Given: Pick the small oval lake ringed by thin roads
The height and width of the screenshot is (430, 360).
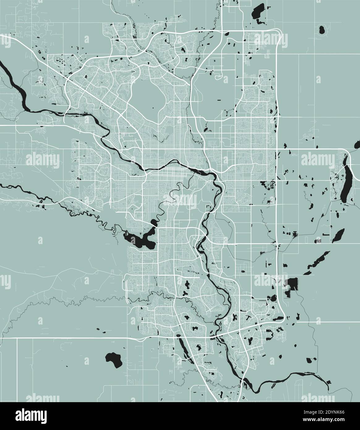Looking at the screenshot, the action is point(322,30).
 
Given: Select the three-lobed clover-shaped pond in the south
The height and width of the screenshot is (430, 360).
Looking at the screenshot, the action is point(187,293).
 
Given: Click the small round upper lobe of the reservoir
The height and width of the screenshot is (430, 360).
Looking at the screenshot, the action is point(154,222).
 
